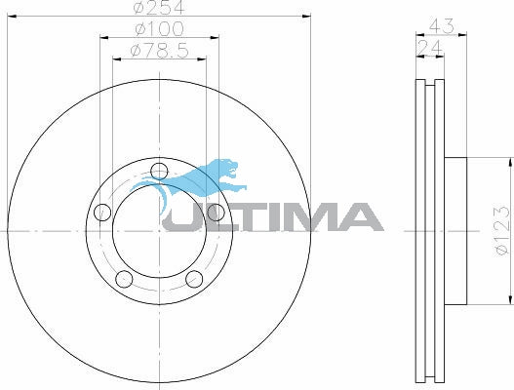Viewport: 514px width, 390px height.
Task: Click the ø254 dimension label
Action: point(159,7)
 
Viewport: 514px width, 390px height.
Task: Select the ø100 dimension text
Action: point(159,29)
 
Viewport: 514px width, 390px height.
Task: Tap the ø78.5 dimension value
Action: point(160,51)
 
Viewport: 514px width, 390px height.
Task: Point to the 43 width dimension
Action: point(442,26)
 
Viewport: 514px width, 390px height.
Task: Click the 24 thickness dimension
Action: point(429,48)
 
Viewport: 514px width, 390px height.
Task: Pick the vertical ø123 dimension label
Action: point(503,231)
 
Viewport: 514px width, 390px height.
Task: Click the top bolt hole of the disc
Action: point(159,172)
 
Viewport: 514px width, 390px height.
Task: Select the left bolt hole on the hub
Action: point(102,213)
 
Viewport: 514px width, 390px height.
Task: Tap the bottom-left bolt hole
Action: point(124,279)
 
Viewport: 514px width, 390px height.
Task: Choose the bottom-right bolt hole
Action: point(194,279)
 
